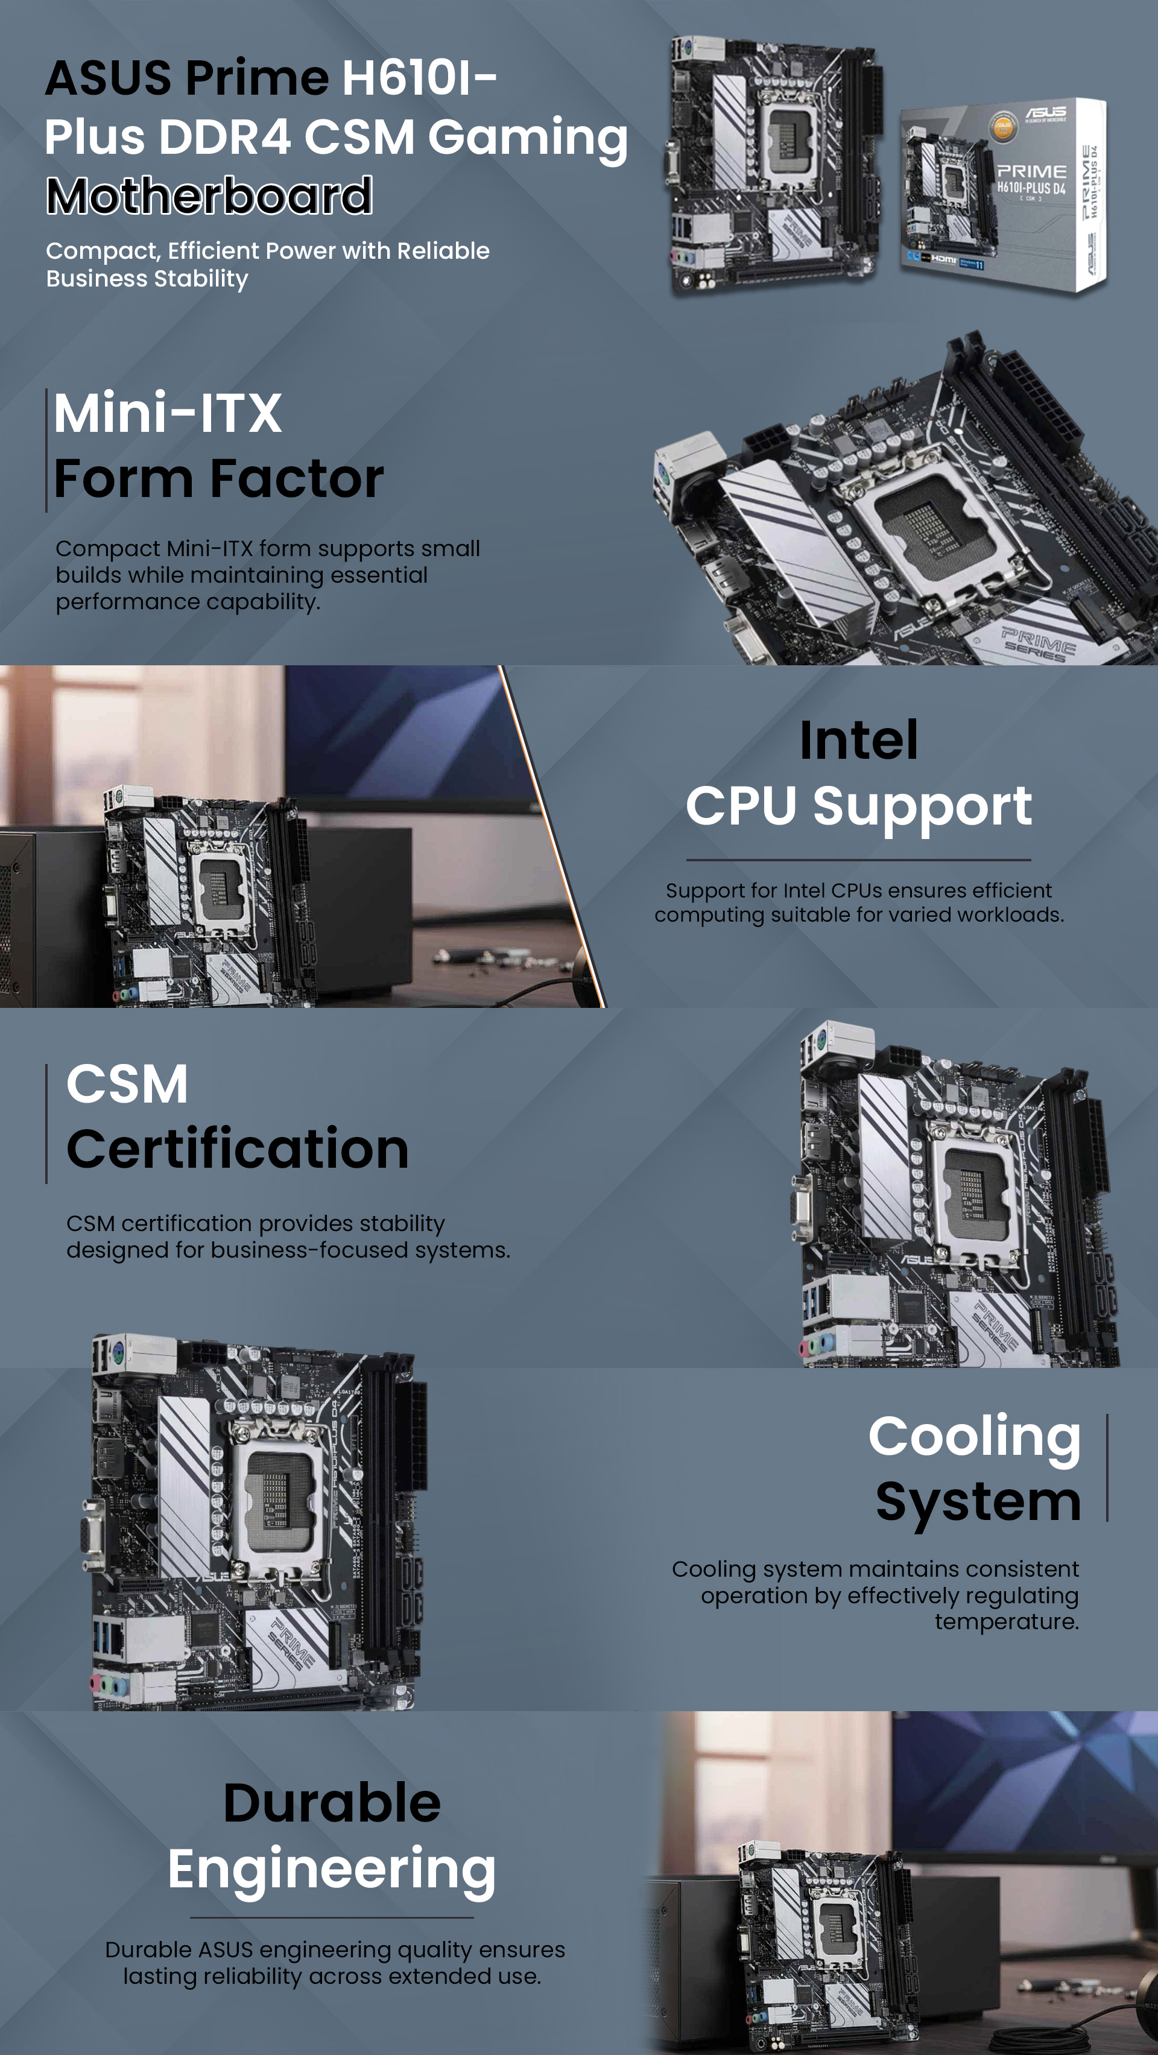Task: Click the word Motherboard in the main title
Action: (x=209, y=195)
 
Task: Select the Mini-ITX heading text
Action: (x=168, y=413)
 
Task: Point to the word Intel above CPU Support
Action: (x=858, y=739)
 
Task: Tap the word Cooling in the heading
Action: (x=975, y=1437)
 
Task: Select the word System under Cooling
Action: (x=978, y=1502)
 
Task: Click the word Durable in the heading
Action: (x=332, y=1803)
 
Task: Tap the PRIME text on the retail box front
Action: (x=1031, y=171)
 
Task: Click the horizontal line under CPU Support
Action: (x=858, y=860)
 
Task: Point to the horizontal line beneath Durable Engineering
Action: (x=332, y=1918)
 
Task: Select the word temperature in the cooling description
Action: (x=1007, y=1622)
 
